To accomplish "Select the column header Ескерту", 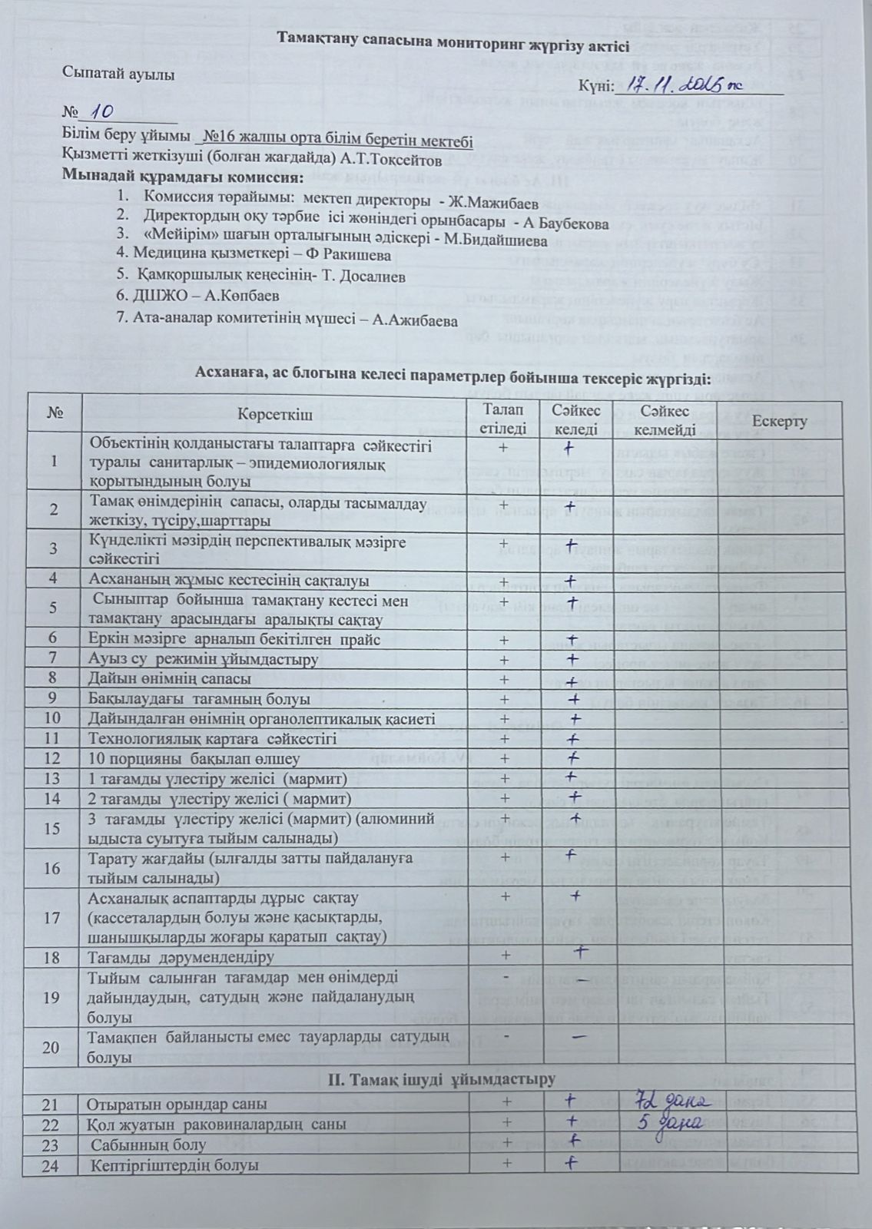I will click(779, 422).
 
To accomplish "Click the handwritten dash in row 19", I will click(582, 982).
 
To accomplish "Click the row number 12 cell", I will click(53, 759).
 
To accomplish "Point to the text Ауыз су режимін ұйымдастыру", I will click(204, 659).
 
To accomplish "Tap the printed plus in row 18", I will click(505, 955).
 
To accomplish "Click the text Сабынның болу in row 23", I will click(148, 1145).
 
